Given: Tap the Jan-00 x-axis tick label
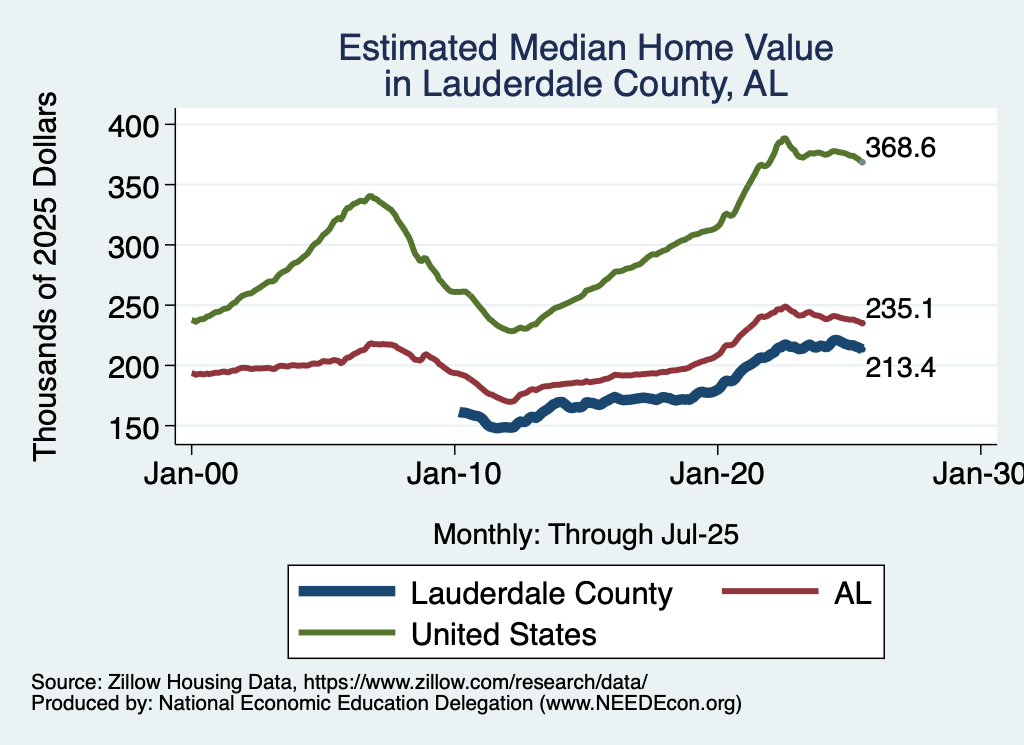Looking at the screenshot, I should coord(192,476).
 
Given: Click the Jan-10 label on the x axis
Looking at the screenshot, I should coord(455,476).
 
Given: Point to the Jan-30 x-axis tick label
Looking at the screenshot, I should coord(980,476).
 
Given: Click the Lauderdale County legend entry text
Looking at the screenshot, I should coord(542,594).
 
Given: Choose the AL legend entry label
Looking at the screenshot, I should coord(853,594).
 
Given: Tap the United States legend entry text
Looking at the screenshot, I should coord(504,634).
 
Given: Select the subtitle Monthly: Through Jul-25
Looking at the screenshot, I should coord(585,535).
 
